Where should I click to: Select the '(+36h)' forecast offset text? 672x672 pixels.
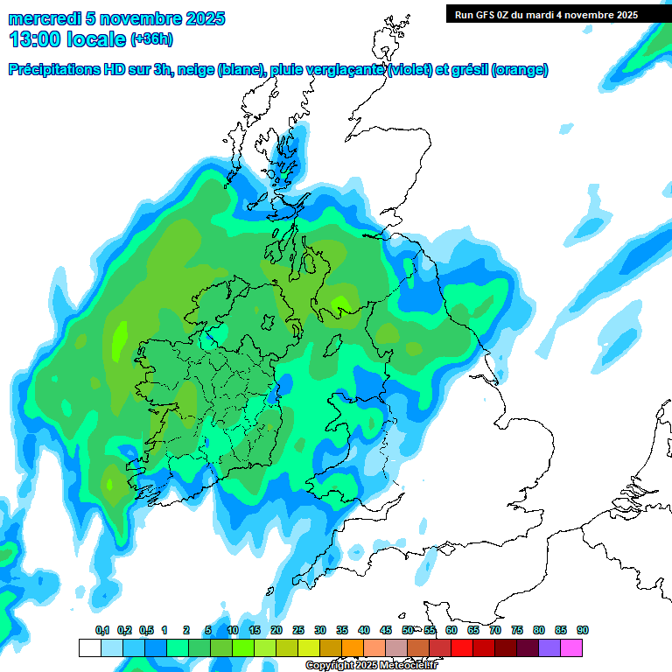tap(151, 39)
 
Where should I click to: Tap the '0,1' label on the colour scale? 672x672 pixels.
tap(102, 631)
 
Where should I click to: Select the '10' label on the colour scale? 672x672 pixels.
tap(233, 631)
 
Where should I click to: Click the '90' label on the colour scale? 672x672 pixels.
tap(583, 631)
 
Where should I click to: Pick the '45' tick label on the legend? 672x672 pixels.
tap(386, 631)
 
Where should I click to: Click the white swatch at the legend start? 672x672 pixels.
tap(89, 647)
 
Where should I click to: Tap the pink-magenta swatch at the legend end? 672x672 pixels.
tap(571, 647)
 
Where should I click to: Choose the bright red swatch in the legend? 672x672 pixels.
tap(462, 647)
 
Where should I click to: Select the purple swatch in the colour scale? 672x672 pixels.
tap(549, 647)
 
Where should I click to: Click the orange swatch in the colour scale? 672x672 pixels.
tap(353, 647)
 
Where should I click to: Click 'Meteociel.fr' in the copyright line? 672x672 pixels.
tap(409, 666)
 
